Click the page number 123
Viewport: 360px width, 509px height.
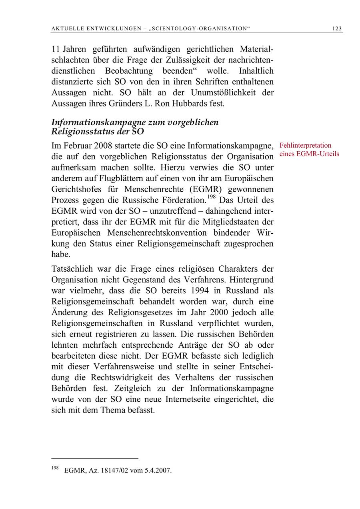(337, 28)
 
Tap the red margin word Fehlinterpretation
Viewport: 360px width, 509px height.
(306, 145)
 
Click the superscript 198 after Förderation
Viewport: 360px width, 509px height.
(212, 196)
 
